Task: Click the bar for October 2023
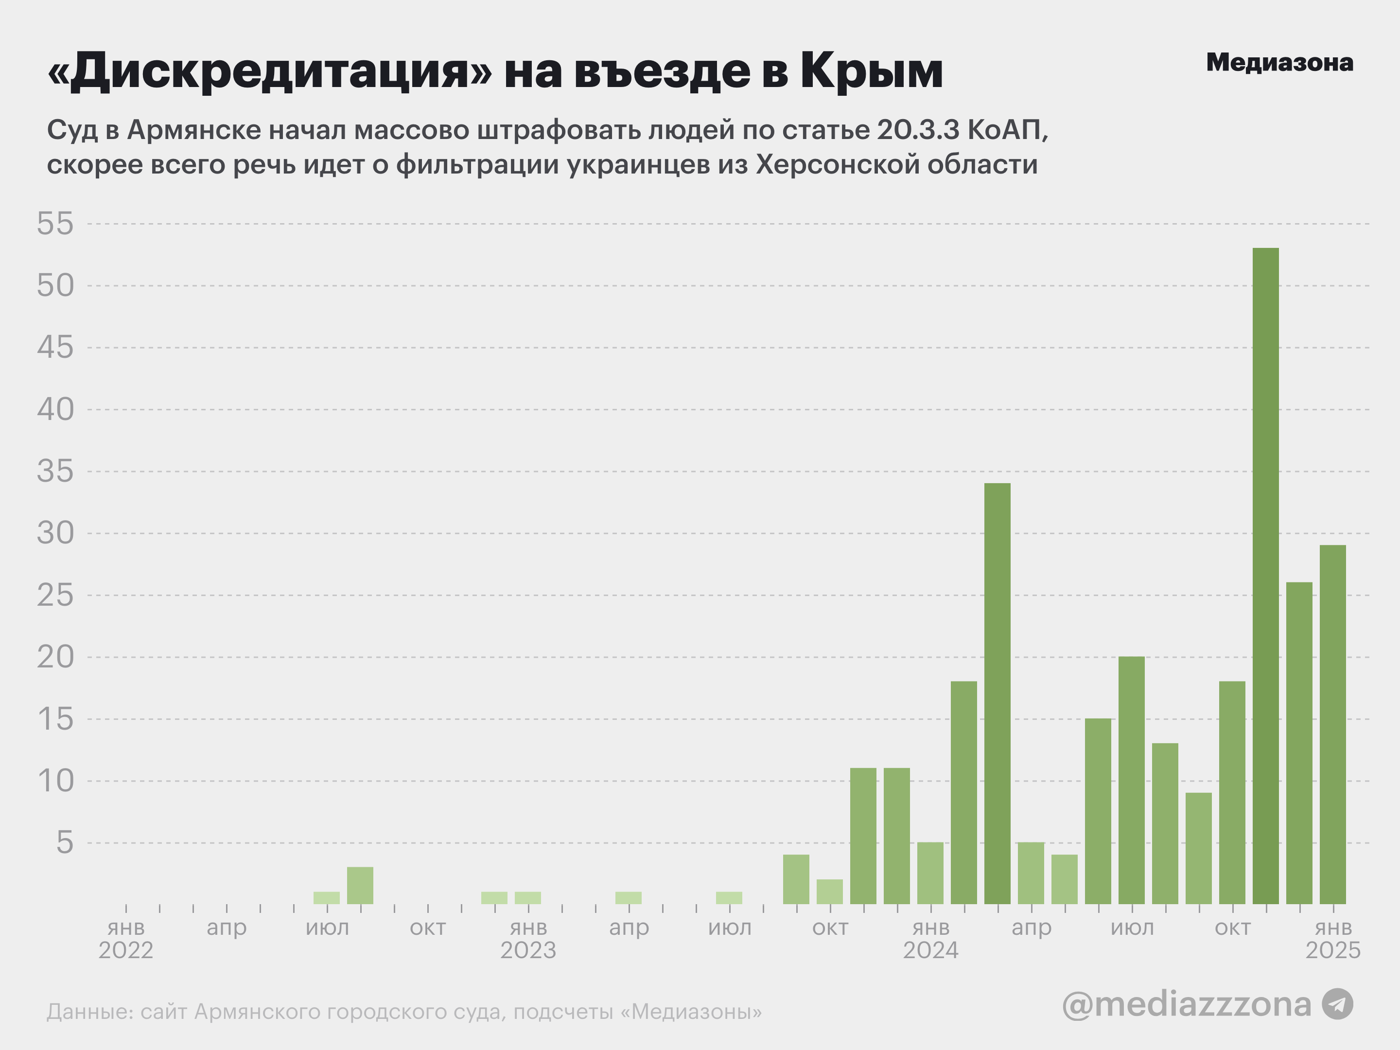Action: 830,892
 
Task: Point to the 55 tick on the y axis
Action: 56,224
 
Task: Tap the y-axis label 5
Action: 65,843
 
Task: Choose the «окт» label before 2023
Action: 428,928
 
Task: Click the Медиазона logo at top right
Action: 1280,62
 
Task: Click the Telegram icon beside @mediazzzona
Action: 1338,1004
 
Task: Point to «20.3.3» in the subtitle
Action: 918,130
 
